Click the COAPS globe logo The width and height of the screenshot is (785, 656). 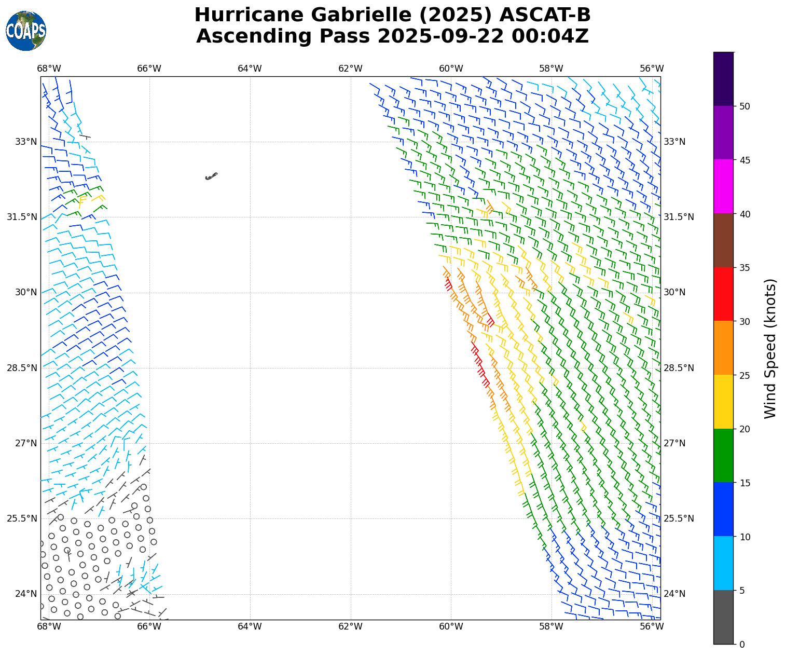[x=26, y=31]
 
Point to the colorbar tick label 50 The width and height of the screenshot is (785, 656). [x=745, y=106]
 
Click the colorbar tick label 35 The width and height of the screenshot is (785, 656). [x=745, y=268]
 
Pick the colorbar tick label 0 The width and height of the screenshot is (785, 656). [x=742, y=645]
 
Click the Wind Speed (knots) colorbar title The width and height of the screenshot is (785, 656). [x=771, y=349]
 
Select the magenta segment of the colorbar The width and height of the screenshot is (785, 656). [x=724, y=186]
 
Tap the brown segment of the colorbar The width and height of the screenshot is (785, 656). [x=724, y=240]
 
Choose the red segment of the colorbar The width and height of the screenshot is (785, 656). [x=724, y=294]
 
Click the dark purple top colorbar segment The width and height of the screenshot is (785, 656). [x=724, y=79]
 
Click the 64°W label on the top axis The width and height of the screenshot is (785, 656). [x=250, y=69]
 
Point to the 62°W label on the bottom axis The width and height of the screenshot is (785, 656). [x=350, y=627]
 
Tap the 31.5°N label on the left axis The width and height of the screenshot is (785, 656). [x=22, y=217]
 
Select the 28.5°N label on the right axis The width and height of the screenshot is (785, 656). [x=678, y=368]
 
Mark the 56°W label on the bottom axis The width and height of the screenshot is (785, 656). [x=652, y=627]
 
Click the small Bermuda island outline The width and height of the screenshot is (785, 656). [x=211, y=176]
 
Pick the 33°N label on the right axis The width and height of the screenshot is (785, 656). [x=674, y=142]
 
